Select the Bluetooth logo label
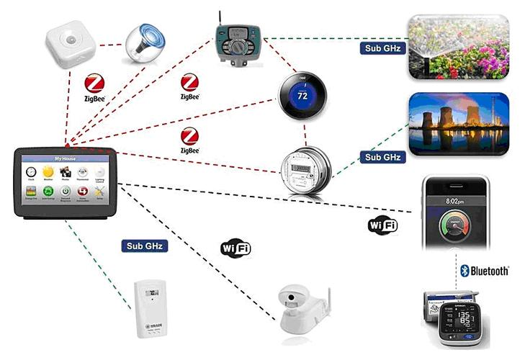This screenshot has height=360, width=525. [485, 270]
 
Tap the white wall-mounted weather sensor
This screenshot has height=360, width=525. [150, 309]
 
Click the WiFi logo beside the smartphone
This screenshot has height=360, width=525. [382, 225]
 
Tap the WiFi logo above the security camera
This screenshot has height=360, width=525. [235, 248]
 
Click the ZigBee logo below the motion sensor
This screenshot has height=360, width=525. [97, 86]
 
